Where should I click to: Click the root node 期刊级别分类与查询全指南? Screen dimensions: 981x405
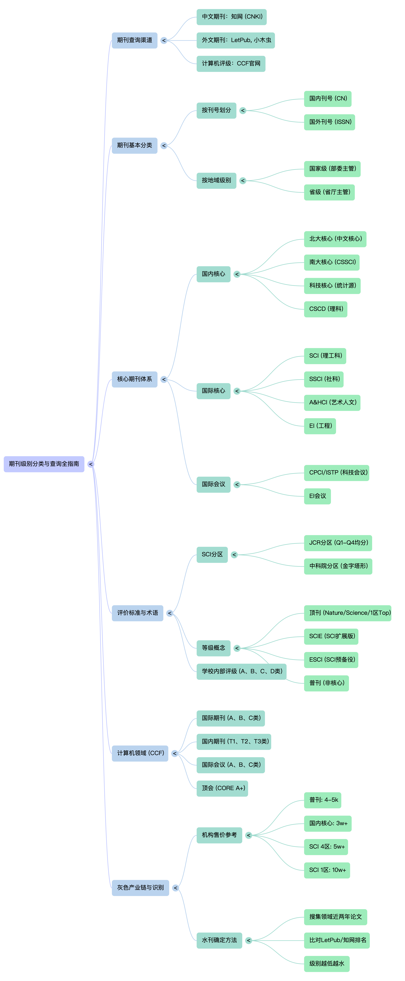pyautogui.click(x=44, y=464)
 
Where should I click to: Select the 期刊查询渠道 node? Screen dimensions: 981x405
pyautogui.click(x=134, y=40)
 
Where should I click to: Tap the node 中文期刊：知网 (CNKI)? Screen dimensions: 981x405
pyautogui.click(x=231, y=17)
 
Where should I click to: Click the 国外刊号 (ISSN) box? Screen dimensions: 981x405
pyautogui.click(x=329, y=122)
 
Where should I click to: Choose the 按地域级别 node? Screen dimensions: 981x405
pyautogui.click(x=216, y=181)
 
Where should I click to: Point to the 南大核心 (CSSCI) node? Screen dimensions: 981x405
pyautogui.click(x=332, y=262)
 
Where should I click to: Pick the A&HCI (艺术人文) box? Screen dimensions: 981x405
pyautogui.click(x=332, y=403)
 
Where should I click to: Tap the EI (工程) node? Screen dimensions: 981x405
pyautogui.click(x=320, y=426)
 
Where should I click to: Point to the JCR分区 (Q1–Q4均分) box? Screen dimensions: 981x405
pyautogui.click(x=338, y=543)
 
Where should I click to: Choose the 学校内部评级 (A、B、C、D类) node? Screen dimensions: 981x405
pyautogui.click(x=241, y=671)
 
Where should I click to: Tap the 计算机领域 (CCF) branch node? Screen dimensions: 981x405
pyautogui.click(x=140, y=753)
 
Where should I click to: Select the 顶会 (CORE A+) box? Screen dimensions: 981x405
pyautogui.click(x=222, y=788)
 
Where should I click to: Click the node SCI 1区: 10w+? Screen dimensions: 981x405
pyautogui.click(x=327, y=870)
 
